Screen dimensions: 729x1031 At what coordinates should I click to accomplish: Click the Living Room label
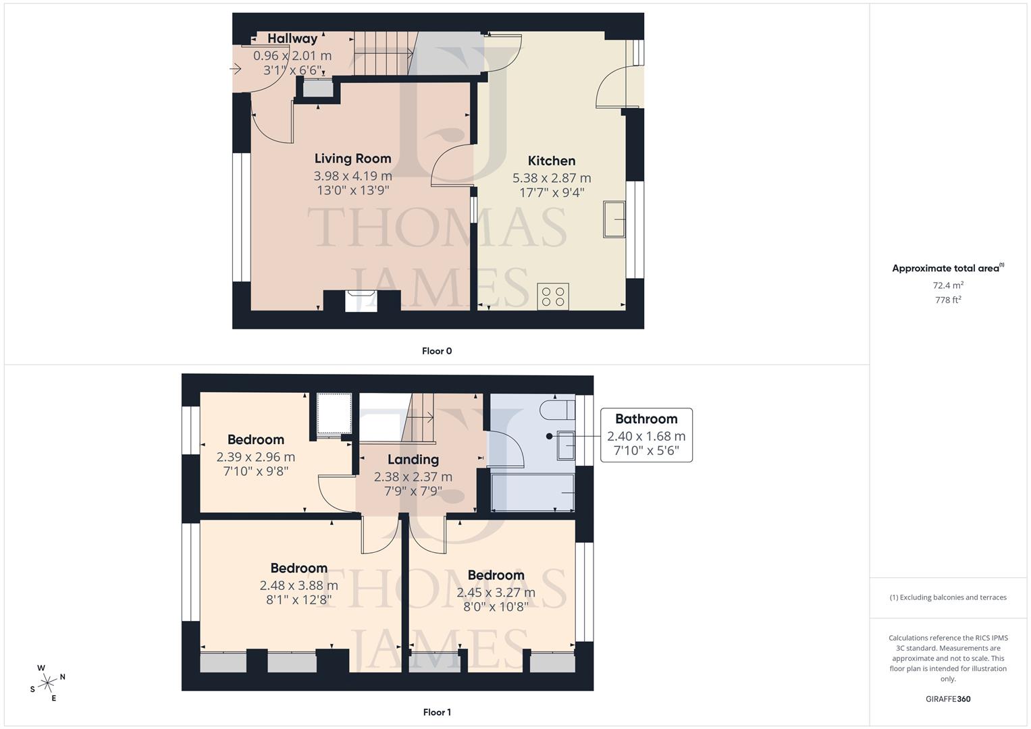[352, 159]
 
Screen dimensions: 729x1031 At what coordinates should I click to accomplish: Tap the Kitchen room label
[552, 161]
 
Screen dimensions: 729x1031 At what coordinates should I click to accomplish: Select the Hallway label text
[292, 38]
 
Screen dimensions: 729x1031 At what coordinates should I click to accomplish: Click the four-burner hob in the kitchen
[553, 296]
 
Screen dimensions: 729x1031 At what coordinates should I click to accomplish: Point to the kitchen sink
[614, 219]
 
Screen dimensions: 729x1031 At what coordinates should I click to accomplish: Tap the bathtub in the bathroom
[533, 492]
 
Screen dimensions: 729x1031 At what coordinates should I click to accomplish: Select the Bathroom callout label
[646, 419]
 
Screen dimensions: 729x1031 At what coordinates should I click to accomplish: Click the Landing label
[413, 460]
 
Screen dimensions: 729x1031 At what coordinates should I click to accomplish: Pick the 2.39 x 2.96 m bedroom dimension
[256, 457]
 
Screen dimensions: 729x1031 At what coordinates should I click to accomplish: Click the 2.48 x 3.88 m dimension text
[298, 585]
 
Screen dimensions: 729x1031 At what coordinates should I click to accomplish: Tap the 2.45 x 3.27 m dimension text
[496, 593]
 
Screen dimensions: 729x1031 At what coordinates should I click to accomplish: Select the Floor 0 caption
[437, 351]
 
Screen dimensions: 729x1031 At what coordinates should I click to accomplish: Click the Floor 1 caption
[437, 712]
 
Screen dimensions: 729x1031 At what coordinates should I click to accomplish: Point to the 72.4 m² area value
[948, 285]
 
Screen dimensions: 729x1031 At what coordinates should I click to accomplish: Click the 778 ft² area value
[948, 300]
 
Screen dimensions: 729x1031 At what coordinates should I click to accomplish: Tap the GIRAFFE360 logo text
[948, 699]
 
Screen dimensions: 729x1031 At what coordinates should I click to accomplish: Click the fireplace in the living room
[361, 300]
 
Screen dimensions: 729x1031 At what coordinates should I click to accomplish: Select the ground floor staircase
[383, 54]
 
